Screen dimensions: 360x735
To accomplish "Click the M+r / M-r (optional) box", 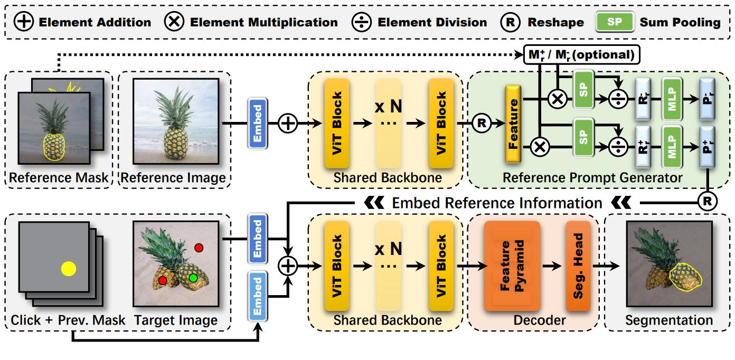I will click(x=581, y=53).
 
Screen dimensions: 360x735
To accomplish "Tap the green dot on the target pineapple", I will click(x=194, y=278).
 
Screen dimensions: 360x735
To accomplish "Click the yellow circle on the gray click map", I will click(x=69, y=269).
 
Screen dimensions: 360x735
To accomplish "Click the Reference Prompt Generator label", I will click(x=591, y=178).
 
